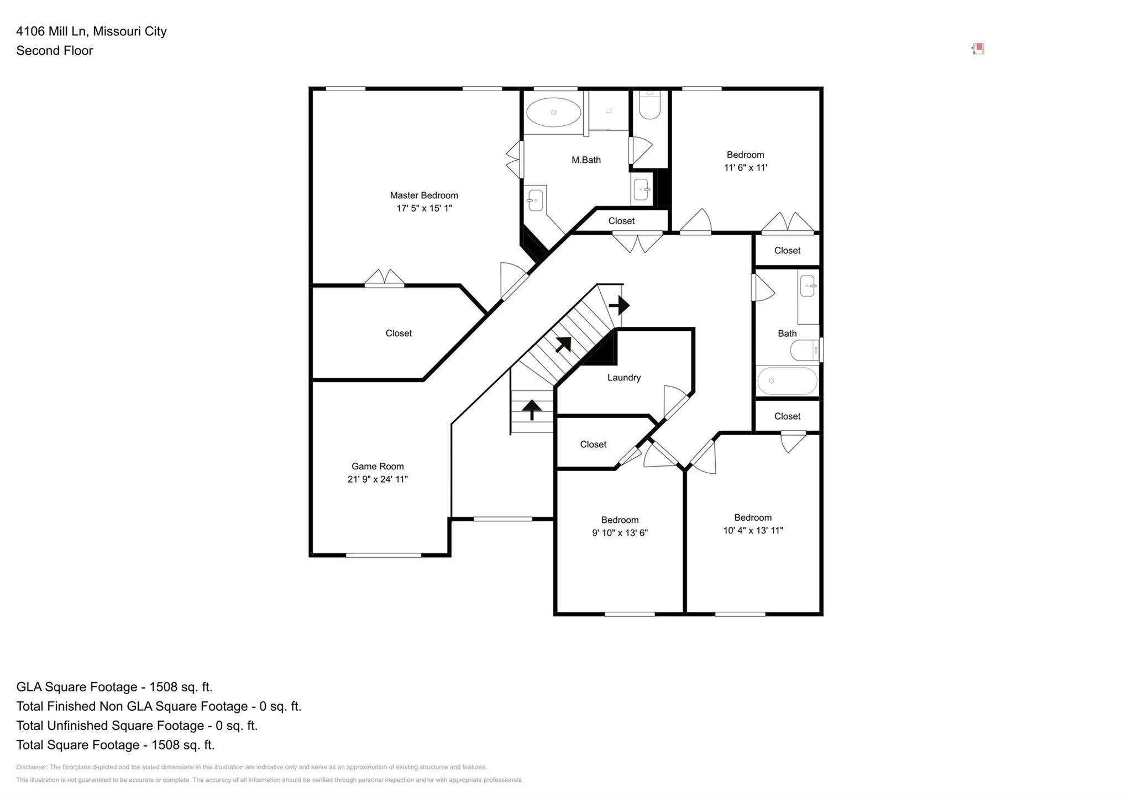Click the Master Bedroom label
tap(424, 195)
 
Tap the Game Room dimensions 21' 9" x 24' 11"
tap(378, 479)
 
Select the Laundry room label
tap(624, 378)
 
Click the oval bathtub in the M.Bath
tap(553, 113)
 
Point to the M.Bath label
tap(586, 160)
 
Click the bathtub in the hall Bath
tap(787, 380)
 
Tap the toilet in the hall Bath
tap(804, 350)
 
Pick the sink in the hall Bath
tap(808, 286)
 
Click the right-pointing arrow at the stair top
tap(619, 305)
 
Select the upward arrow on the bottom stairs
tap(532, 410)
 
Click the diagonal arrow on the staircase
tap(563, 344)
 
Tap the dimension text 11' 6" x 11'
tap(746, 168)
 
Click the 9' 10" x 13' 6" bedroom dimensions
tap(620, 533)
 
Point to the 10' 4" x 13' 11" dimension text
tap(753, 531)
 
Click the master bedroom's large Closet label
tap(399, 334)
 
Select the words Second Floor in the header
tap(55, 51)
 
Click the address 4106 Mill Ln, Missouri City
tap(91, 31)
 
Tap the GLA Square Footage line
tap(114, 687)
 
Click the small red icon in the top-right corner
tap(978, 49)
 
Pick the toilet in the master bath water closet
tap(649, 106)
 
